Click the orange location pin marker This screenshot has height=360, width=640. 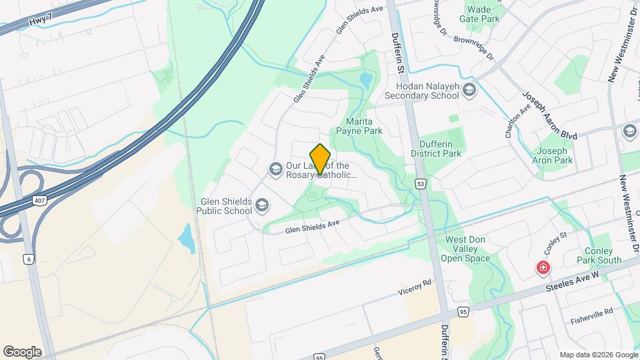coord(321,159)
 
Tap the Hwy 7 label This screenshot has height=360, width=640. coord(41,22)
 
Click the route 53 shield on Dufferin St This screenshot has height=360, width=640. coord(420,183)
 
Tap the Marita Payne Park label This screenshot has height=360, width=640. coord(363,126)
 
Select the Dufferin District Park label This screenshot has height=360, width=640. coord(440,149)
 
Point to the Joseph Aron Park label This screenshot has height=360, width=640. coord(553,155)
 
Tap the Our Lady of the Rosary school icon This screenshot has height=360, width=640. coord(275,170)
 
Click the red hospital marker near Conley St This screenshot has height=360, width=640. coord(544,268)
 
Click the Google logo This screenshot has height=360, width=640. coord(22,351)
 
